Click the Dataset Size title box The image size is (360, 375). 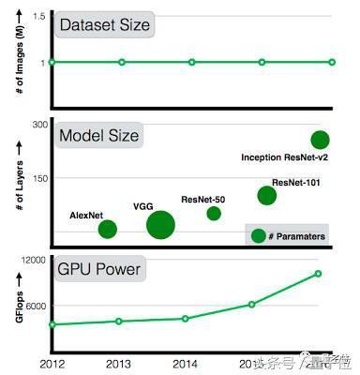[x=103, y=24]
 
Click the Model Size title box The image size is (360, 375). [x=98, y=136]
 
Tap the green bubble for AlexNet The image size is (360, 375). [x=108, y=229]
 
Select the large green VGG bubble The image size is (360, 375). [x=160, y=225]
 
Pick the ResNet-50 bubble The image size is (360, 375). [x=214, y=214]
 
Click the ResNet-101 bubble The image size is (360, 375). [x=267, y=195]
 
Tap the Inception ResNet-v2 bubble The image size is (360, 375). [x=320, y=140]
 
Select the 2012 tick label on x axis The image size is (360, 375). [x=52, y=362]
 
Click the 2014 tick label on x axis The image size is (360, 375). [x=186, y=362]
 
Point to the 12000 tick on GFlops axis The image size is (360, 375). [x=33, y=261]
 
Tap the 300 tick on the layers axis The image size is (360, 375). [x=37, y=125]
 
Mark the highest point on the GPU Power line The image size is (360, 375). [x=319, y=274]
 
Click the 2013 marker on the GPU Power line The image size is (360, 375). [x=118, y=321]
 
